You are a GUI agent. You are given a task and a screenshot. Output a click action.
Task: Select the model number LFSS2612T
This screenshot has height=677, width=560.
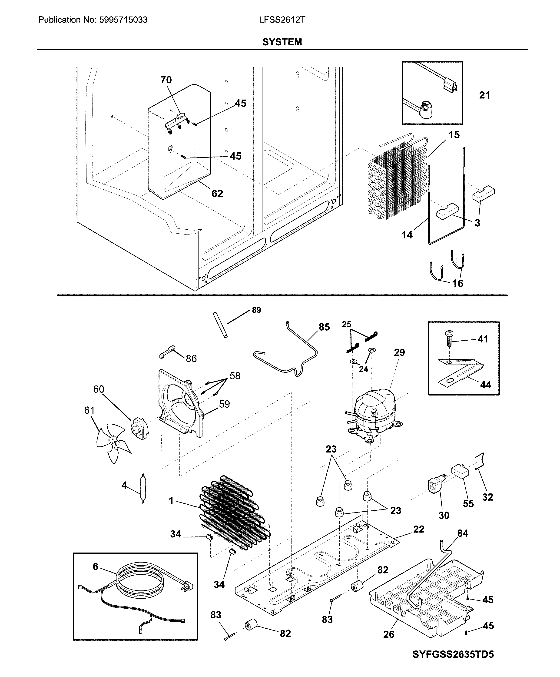(282, 20)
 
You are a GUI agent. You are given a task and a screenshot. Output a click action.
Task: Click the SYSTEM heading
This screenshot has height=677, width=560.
(282, 42)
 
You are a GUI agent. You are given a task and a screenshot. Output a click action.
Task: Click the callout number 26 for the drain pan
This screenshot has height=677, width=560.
(389, 634)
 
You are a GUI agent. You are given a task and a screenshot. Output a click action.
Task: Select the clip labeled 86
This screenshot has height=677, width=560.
(167, 352)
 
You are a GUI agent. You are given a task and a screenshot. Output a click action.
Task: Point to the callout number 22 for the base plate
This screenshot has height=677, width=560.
(419, 529)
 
